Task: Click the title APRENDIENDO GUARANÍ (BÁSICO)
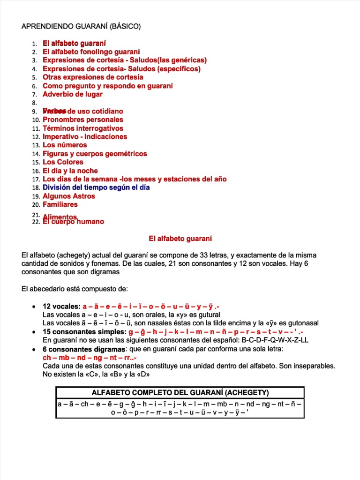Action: pos(81,26)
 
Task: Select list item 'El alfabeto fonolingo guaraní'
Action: pos(91,52)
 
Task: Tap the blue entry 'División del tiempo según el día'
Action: pos(96,187)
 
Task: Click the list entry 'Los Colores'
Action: pos(63,162)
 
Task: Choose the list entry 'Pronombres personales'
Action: pos(83,120)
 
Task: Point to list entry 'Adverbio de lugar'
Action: pos(73,94)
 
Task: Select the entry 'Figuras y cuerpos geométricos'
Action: pos(95,154)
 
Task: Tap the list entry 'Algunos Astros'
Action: pos(68,196)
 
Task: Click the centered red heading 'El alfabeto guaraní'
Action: pos(180,239)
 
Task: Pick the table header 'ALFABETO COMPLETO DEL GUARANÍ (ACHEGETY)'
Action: pos(180,392)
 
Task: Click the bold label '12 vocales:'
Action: pos(61,306)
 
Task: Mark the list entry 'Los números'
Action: pos(65,145)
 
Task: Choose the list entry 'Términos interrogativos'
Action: pos(83,128)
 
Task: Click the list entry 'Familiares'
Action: pos(60,204)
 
